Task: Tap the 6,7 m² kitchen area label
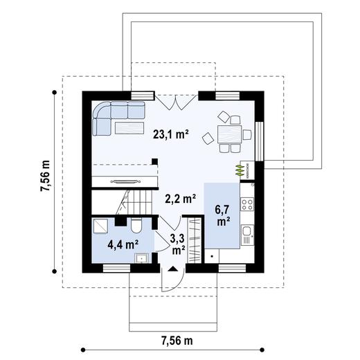223,215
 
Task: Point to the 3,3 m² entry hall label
178,244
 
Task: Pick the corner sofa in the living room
111,114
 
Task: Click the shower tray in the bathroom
101,224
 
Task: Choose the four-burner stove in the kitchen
248,205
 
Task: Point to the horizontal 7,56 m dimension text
177,340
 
